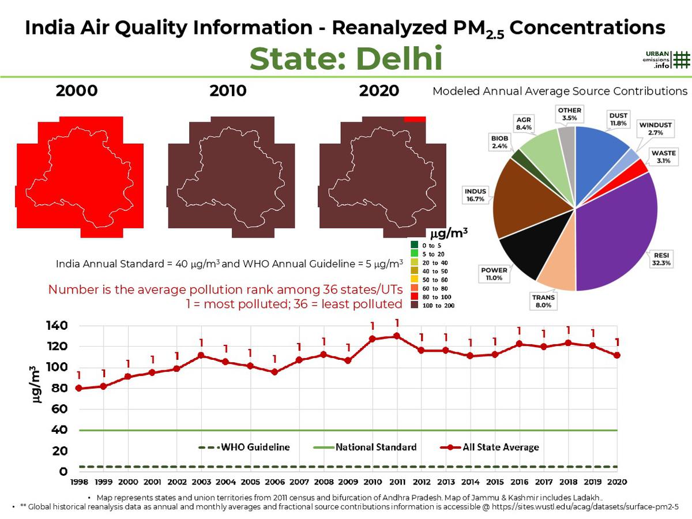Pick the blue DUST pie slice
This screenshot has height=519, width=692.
pos(600,144)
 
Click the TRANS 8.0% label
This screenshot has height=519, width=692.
pos(543,302)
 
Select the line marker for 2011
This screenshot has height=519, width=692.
pos(397,336)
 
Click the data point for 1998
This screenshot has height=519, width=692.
pos(78,388)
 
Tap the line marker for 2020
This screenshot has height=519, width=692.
pos(617,355)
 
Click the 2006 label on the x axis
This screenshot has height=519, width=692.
pos(274,482)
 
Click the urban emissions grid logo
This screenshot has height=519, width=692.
pos(681,60)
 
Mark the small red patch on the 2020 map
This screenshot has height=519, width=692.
pos(415,119)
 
